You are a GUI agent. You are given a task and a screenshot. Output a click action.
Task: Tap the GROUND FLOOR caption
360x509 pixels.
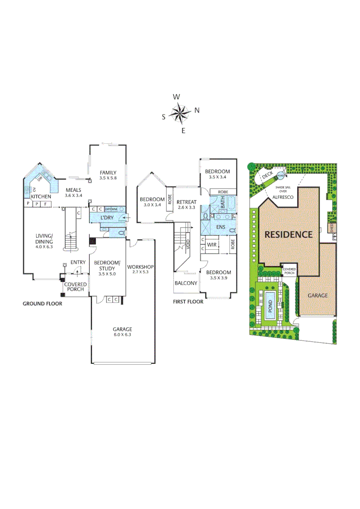[42, 304]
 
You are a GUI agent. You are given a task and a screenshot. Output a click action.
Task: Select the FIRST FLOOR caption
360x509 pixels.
[188, 302]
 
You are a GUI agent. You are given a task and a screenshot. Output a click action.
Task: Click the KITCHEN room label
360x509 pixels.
[41, 197]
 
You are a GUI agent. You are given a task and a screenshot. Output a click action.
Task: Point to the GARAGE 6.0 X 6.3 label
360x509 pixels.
[122, 332]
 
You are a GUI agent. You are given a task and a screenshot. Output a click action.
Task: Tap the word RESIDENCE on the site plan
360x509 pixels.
[288, 234]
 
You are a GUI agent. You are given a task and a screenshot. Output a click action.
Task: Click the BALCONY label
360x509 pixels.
[186, 283]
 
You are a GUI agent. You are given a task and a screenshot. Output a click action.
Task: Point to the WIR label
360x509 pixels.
[212, 245]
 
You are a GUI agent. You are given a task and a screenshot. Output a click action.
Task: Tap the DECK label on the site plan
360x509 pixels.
[267, 174]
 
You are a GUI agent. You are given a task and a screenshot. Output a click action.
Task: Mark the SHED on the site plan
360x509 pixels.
[332, 228]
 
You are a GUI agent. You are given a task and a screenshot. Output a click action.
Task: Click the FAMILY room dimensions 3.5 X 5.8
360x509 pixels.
[108, 178]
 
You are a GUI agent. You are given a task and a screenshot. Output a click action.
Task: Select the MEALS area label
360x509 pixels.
[74, 192]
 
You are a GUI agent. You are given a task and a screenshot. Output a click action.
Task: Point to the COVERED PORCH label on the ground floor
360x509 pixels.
[75, 287]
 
